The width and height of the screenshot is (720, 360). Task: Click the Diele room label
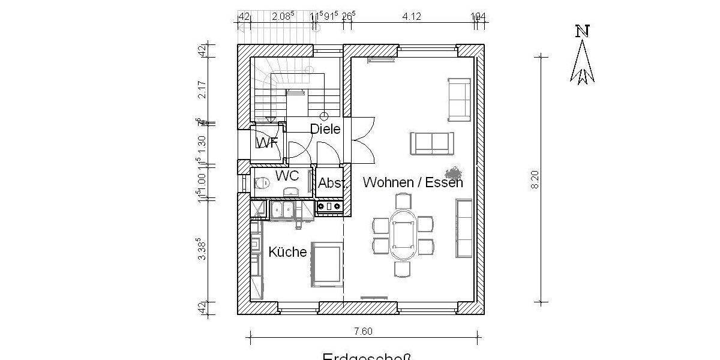tap(325, 129)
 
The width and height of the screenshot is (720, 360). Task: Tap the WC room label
tap(287, 176)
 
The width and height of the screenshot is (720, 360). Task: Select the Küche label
tap(287, 252)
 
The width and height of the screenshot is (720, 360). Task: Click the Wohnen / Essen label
tap(413, 182)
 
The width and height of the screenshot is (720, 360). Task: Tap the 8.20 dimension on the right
tap(535, 179)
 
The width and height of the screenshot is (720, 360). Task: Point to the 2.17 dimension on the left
tap(202, 90)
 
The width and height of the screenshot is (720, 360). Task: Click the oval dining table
tap(403, 235)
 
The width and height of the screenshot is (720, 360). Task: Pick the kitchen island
tap(326, 265)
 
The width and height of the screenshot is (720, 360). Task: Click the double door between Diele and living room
tap(362, 140)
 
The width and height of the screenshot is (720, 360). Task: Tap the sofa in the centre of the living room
tap(431, 143)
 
